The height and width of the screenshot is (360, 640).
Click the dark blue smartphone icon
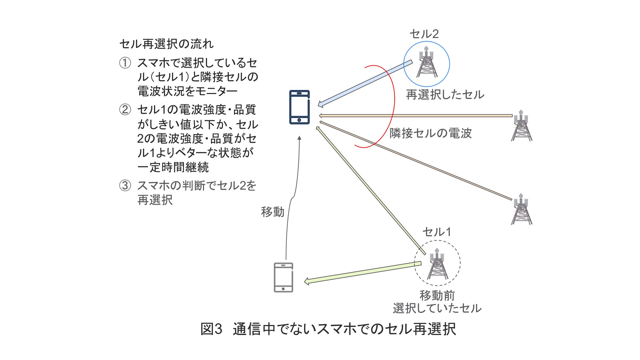(299, 107)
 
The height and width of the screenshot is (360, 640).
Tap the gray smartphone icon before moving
(283, 277)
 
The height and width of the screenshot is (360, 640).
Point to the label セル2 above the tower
(424, 34)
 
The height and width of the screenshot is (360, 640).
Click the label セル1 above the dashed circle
(437, 232)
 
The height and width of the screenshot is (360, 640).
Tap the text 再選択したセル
(445, 95)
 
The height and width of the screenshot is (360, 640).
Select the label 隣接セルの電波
(431, 133)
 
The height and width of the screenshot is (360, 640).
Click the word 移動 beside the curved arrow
(272, 212)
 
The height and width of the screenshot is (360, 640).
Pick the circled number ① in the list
(125, 63)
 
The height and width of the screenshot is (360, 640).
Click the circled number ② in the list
(125, 109)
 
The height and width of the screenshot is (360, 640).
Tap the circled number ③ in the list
(125, 185)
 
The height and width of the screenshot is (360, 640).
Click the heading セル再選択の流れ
(166, 44)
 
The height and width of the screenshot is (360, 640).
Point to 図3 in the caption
(211, 329)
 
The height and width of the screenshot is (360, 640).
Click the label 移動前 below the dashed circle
(437, 295)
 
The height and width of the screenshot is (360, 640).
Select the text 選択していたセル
(437, 308)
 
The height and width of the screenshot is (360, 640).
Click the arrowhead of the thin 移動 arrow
(299, 138)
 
